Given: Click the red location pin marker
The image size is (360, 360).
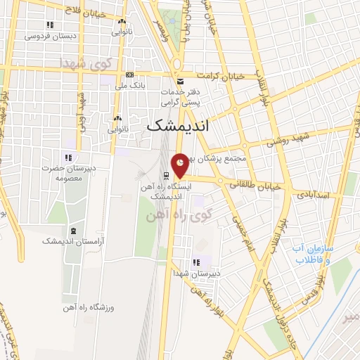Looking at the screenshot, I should (x=181, y=165).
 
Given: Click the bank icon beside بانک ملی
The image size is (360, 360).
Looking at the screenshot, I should (x=129, y=75).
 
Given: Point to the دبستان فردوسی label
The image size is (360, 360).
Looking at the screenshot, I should (x=44, y=36).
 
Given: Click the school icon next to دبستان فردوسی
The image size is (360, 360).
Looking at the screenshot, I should (x=49, y=25).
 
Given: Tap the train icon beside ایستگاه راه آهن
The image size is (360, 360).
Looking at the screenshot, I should (x=166, y=175).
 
